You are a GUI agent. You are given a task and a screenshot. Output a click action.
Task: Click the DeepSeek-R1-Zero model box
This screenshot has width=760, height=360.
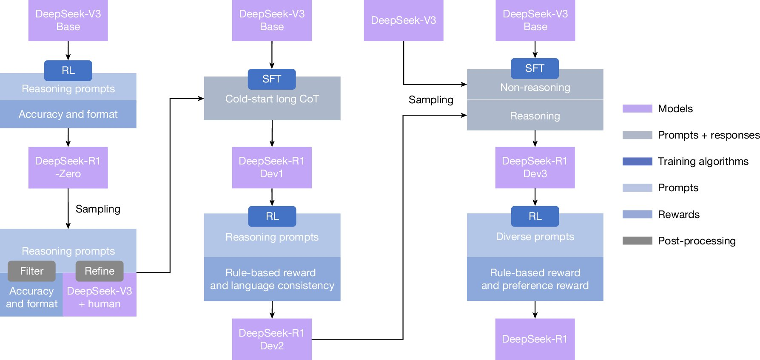pos(68,167)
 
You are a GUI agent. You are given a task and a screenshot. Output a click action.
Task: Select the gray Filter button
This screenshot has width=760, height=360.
pos(31,271)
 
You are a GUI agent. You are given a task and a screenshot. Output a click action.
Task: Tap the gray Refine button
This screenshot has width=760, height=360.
pos(100,271)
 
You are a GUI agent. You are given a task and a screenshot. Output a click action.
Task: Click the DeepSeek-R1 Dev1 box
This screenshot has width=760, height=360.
pos(272,167)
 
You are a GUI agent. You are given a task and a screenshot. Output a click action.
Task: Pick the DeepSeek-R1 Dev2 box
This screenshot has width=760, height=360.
pos(272,339)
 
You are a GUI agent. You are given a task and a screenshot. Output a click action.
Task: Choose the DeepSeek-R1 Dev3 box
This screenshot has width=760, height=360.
pos(535,167)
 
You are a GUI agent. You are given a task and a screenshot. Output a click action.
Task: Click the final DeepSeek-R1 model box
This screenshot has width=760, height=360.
pos(535,339)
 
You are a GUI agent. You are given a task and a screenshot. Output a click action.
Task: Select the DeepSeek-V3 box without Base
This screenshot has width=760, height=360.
pos(404,20)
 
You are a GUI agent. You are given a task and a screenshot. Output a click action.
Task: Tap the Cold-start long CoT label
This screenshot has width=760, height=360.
pos(272,99)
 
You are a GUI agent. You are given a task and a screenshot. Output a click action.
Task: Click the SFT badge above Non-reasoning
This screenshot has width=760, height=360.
pos(535,68)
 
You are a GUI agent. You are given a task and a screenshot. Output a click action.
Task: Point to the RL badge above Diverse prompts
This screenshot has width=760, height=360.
pos(535,216)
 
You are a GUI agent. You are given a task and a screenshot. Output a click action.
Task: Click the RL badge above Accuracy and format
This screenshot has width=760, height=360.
pos(68,71)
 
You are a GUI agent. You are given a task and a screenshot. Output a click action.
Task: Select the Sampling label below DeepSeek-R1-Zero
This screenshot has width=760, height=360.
pos(98,209)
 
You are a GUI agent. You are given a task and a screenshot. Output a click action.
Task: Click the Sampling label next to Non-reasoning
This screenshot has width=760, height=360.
pos(431,100)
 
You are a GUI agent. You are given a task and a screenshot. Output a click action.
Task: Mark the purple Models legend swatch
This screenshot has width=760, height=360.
pos(637,109)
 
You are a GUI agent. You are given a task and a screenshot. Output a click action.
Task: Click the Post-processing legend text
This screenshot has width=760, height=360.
pos(697,241)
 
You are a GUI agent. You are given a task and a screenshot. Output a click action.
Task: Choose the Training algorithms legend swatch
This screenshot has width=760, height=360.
pos(637,162)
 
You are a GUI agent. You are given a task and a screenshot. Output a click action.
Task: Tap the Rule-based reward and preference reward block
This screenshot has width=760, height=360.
pos(535,279)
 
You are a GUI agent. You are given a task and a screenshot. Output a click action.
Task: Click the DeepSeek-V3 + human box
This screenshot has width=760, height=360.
pos(100,298)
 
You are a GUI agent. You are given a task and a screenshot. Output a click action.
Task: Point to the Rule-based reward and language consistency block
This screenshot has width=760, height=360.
pos(272,279)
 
